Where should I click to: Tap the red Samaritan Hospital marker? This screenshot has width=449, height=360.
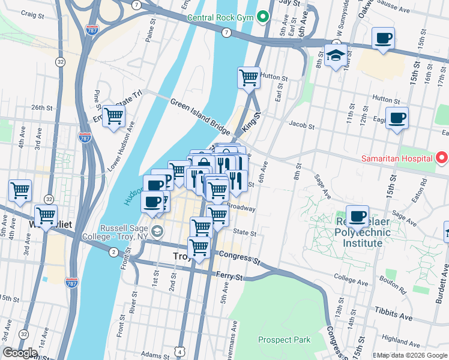pyautogui.click(x=442, y=158)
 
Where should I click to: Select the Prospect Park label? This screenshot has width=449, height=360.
pyautogui.click(x=284, y=340)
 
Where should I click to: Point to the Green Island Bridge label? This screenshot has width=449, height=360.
pyautogui.click(x=200, y=117)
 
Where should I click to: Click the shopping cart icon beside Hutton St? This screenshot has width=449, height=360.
pyautogui.click(x=248, y=77)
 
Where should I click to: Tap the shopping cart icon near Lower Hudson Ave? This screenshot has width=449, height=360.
pyautogui.click(x=113, y=116)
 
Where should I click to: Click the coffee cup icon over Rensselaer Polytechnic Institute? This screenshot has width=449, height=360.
pyautogui.click(x=357, y=216)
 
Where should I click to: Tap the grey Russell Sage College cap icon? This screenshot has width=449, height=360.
pyautogui.click(x=157, y=231)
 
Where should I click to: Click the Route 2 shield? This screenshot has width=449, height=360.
pyautogui.click(x=113, y=252)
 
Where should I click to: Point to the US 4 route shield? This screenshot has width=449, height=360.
pyautogui.click(x=180, y=350)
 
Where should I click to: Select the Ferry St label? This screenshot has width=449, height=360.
pyautogui.click(x=231, y=277)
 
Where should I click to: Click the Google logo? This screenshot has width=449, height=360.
pyautogui.click(x=20, y=353)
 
